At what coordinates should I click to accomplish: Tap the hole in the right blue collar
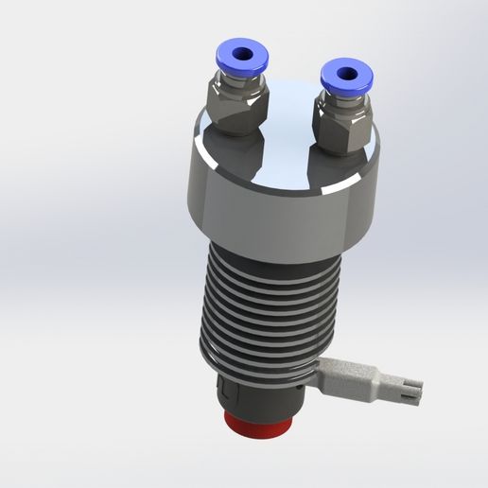345,69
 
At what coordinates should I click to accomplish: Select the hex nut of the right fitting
343,130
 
